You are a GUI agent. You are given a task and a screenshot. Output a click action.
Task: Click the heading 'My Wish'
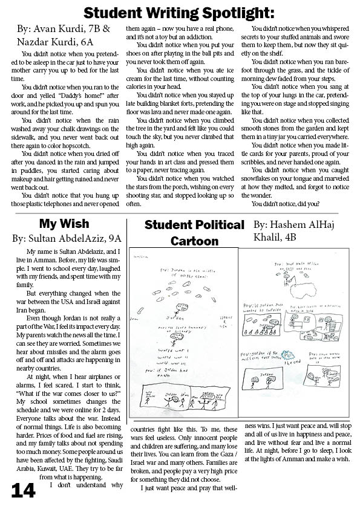[x=64, y=224]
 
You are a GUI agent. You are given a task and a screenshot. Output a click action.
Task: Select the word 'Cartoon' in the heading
[x=194, y=241]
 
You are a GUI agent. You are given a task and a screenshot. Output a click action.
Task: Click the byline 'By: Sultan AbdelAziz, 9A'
[x=67, y=238]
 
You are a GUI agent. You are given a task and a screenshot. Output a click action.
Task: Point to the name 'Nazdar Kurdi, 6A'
[x=51, y=40]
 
